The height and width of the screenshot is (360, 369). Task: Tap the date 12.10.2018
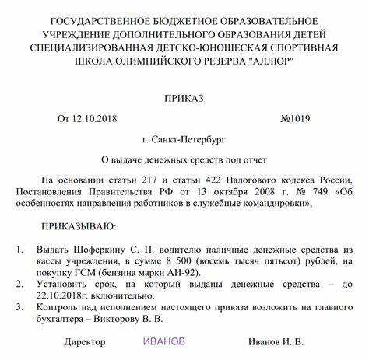click(100, 120)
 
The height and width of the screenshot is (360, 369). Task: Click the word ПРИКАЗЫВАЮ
click(78, 226)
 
